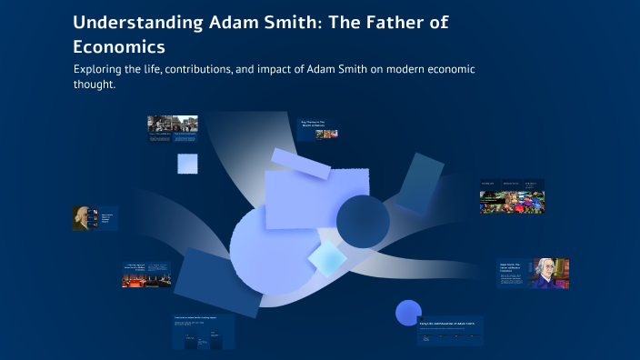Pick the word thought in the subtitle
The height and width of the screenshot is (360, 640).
click(95, 85)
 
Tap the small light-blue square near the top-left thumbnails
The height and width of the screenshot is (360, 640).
click(187, 164)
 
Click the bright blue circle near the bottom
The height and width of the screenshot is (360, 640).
click(408, 313)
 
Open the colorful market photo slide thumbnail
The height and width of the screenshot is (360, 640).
click(512, 202)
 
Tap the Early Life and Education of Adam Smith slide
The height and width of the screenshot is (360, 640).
click(451, 331)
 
